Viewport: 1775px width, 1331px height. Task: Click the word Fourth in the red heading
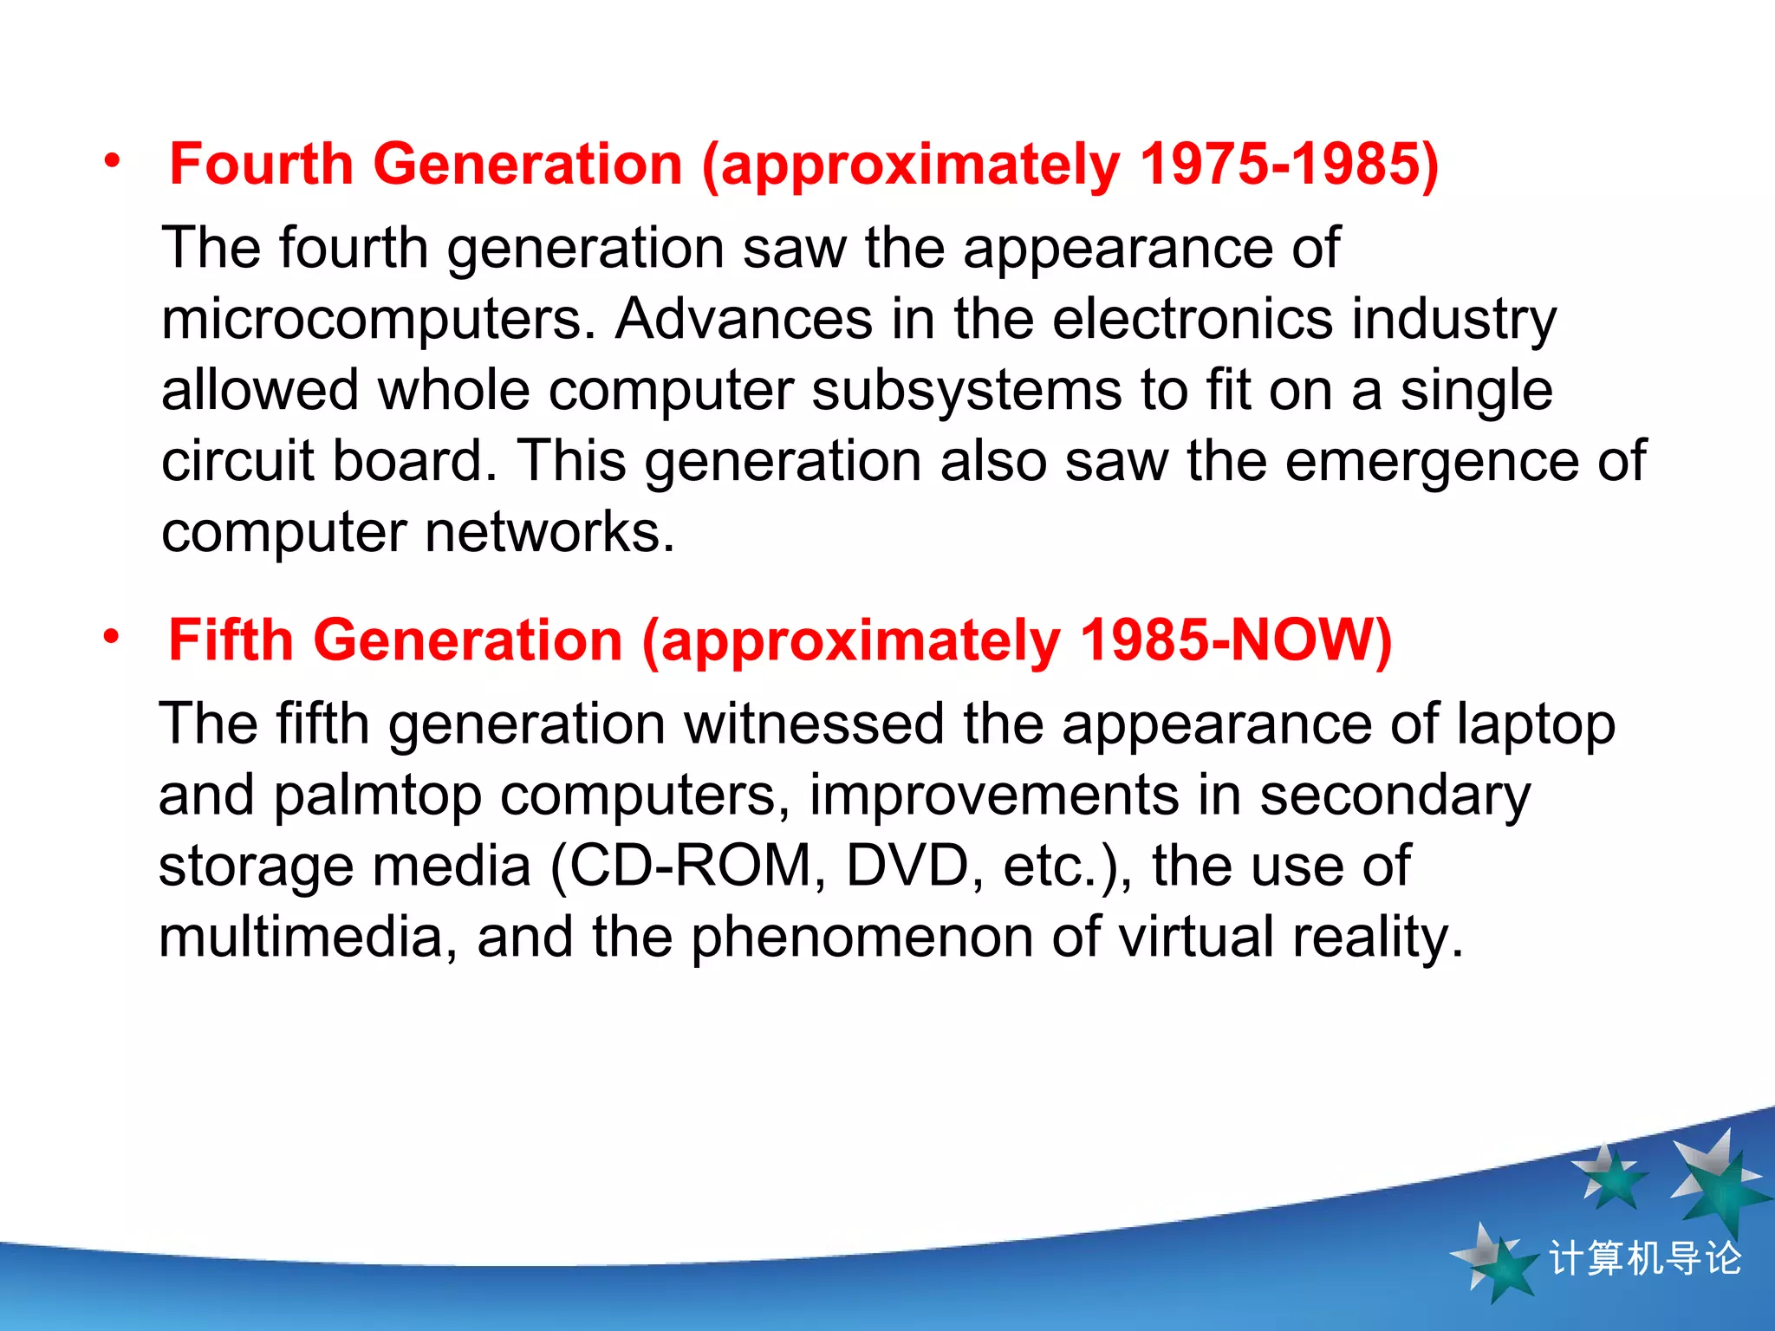(x=261, y=164)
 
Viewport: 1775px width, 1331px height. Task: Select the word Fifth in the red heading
(x=231, y=640)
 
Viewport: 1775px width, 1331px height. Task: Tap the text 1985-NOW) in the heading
(x=1235, y=640)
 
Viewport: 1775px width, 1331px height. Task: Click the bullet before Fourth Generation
(x=112, y=161)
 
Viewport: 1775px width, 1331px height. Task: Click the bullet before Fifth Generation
(x=111, y=638)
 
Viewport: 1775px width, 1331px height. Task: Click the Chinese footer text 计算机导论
(x=1644, y=1258)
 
